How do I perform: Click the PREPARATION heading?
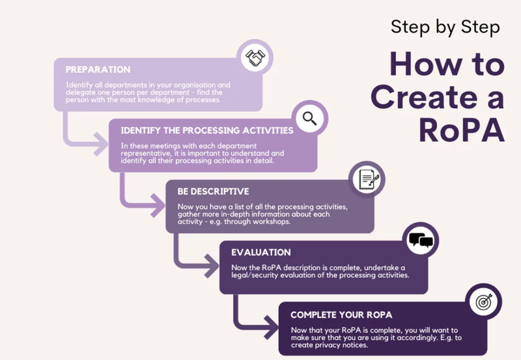click(x=98, y=70)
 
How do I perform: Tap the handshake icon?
click(x=255, y=59)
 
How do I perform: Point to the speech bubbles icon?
click(x=421, y=241)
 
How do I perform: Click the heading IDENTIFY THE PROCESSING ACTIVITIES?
click(x=207, y=130)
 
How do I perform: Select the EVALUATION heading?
click(x=262, y=252)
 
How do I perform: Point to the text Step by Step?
click(x=445, y=27)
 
